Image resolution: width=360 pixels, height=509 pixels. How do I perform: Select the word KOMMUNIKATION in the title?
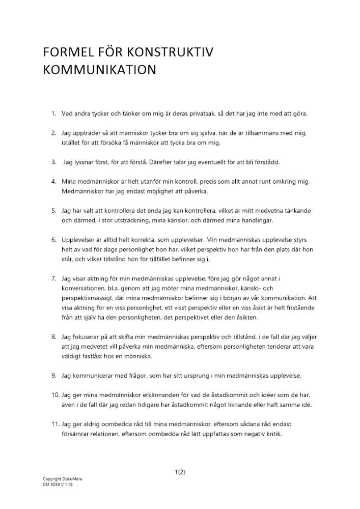pos(99,70)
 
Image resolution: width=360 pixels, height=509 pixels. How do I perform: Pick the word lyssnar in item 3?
pos(82,163)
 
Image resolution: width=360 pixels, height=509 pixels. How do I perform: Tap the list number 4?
pos(53,182)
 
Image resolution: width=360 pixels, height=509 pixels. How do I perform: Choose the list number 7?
pos(53,279)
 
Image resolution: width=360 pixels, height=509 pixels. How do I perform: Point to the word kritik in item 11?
pos(271,435)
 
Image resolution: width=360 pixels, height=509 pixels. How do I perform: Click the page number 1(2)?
pos(180,472)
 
